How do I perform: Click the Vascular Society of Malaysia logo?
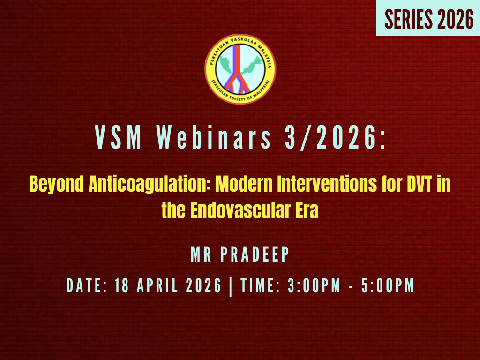(240, 69)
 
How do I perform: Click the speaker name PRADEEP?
(255, 255)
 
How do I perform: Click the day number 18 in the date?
(123, 285)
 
